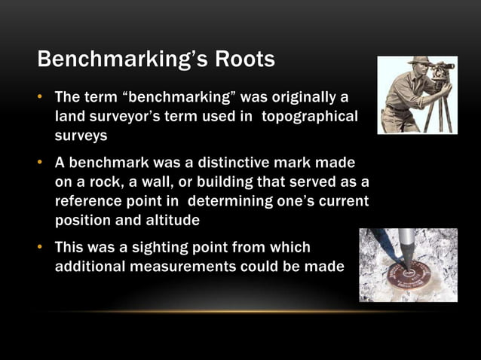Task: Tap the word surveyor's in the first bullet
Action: (x=124, y=117)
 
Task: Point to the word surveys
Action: (x=81, y=136)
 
